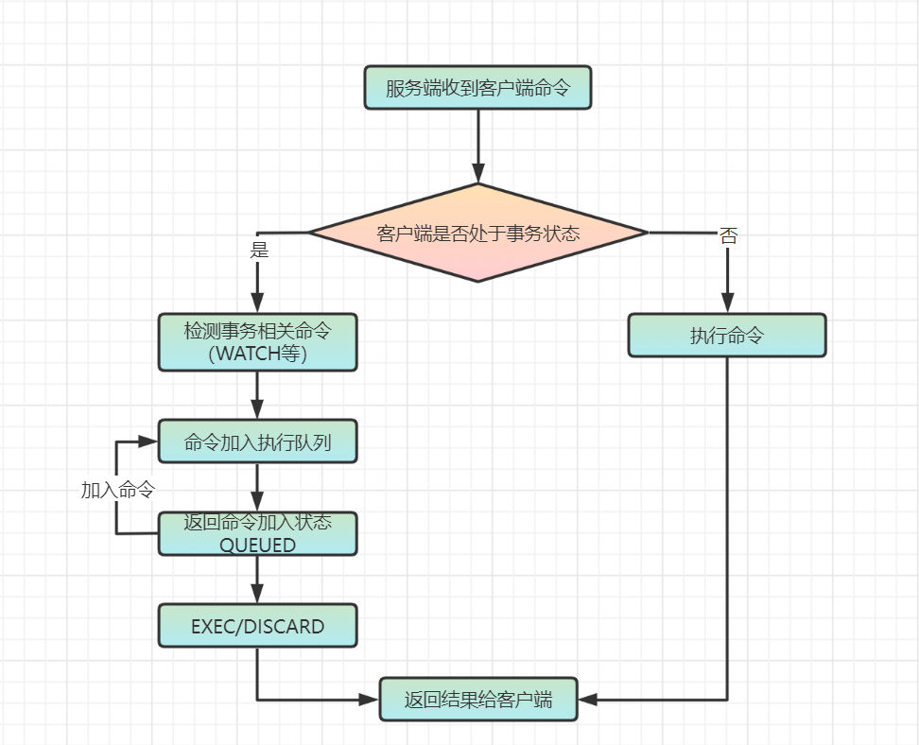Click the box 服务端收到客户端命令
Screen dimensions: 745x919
[477, 88]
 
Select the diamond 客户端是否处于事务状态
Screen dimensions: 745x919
[477, 233]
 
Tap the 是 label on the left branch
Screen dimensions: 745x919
[258, 251]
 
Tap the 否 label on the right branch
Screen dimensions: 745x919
[728, 236]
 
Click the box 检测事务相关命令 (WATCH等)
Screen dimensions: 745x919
[257, 341]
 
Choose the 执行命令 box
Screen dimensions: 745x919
[727, 336]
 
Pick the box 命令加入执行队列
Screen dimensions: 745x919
[257, 442]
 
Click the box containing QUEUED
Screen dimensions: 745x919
[257, 534]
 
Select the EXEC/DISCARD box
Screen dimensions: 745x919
[257, 626]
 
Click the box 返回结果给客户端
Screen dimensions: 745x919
[477, 700]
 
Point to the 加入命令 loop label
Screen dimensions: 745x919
[117, 490]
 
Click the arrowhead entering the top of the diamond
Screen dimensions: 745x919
[477, 175]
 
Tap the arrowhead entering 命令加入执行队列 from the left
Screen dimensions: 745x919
[147, 442]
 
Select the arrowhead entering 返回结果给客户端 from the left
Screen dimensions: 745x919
[368, 700]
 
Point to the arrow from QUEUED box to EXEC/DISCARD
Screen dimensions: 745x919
[257, 579]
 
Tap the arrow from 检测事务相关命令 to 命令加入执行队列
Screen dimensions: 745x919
[257, 394]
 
